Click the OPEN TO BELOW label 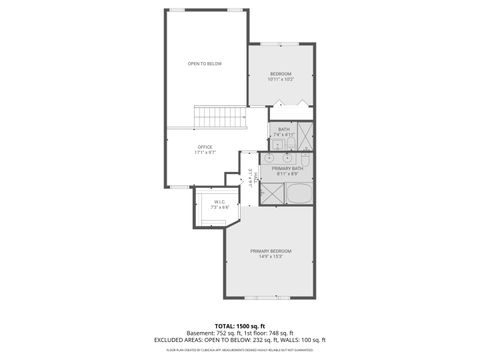(x=204, y=64)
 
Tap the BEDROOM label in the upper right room (x=280, y=74)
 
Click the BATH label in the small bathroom (x=284, y=129)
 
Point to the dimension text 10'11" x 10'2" (x=280, y=80)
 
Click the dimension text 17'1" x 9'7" (x=204, y=153)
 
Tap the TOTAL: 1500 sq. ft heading (x=240, y=326)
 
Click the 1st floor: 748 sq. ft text (x=266, y=333)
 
